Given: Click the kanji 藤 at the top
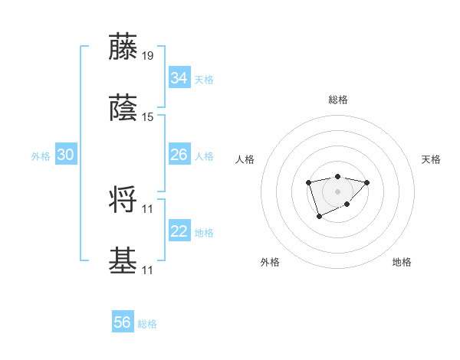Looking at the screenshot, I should point(123,47).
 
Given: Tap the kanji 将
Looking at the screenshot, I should point(123,200).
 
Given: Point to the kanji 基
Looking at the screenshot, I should point(123,260).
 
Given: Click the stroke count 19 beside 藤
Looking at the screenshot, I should point(148,56).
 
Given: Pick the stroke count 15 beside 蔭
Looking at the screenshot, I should point(148,116).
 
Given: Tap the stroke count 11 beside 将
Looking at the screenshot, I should point(148,208).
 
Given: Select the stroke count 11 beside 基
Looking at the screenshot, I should point(148,270).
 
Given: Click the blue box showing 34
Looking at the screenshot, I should point(179,78).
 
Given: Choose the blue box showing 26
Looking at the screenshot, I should point(179,155).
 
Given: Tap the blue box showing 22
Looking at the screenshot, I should point(179,231).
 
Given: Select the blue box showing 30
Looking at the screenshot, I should point(66,155).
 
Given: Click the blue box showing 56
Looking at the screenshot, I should point(123,323).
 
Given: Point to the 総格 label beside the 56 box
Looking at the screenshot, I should point(147,324).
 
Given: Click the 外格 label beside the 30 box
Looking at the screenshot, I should point(41,155).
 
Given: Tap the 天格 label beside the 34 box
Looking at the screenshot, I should point(204,79).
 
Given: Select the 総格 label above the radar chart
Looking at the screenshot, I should point(338,100).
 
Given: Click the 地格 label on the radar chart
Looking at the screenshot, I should point(402,262).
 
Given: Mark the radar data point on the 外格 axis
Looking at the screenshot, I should point(319,218).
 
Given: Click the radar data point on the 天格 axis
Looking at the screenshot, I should point(367,182).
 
